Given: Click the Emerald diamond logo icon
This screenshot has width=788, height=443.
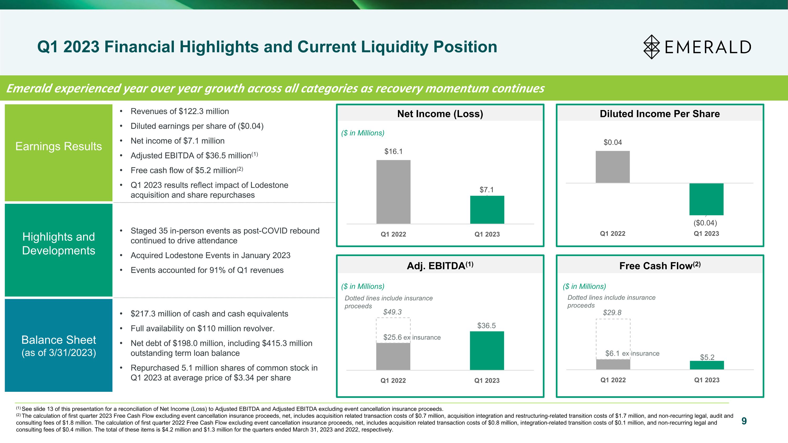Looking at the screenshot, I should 652,47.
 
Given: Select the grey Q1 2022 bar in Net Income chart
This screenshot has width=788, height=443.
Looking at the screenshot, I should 393,192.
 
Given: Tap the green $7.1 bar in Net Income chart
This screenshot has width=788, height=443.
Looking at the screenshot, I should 487,210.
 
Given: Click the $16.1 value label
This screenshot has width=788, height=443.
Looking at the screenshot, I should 393,151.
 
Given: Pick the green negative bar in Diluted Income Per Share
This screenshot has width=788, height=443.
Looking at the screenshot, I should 706,199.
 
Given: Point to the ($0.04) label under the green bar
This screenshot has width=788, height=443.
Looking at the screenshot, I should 705,223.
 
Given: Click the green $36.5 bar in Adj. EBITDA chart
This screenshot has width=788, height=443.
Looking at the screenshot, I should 487,351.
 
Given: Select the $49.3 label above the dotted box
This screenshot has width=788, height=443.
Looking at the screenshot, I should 392,312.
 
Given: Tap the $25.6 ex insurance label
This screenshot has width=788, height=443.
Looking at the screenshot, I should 412,337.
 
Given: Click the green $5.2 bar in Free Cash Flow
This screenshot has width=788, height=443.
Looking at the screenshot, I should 707,365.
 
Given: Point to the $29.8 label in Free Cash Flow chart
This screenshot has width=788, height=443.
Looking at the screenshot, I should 612,312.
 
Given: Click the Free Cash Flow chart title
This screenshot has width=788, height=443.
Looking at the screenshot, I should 660,266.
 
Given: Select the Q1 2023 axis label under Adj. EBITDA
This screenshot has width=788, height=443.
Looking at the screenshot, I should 487,381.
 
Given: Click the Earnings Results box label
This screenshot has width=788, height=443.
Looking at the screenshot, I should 58,147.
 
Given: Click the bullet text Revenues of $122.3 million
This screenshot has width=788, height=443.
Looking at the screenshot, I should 180,111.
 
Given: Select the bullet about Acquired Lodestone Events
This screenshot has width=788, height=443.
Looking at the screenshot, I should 210,255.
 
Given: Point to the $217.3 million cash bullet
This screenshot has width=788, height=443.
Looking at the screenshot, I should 209,314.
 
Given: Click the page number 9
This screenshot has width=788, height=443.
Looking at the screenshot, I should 744,421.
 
